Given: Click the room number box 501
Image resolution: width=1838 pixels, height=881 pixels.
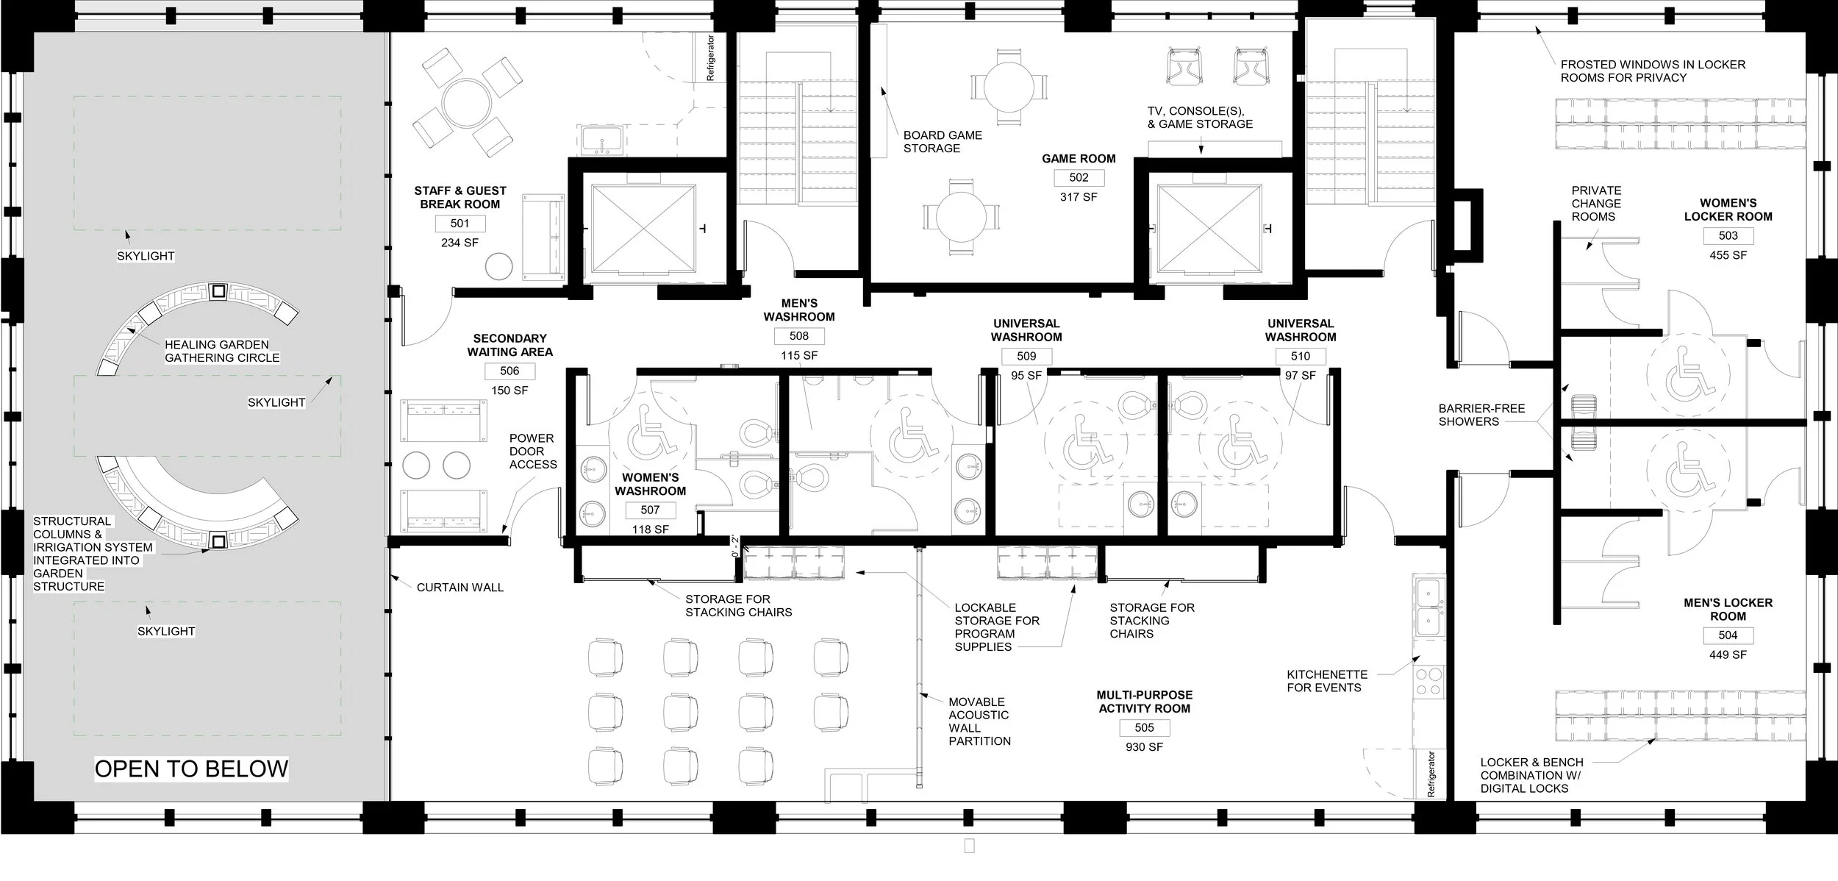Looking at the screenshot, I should point(459,224).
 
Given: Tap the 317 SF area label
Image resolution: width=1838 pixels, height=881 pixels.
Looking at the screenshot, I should point(1079,197).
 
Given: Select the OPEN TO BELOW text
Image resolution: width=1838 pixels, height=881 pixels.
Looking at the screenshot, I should point(191,768).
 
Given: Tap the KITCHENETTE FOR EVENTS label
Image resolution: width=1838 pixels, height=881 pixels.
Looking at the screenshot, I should point(1327,681).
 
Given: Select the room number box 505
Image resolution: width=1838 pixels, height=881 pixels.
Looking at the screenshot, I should point(1144,727).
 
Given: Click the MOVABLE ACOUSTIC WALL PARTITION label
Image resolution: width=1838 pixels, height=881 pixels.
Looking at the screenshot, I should point(979,721).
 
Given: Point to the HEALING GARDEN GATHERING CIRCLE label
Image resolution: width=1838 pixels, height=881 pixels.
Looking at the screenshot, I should point(221,351).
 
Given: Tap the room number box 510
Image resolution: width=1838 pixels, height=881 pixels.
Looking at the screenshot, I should point(1301,356).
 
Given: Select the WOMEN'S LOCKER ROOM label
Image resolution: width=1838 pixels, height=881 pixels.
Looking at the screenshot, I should point(1728,210).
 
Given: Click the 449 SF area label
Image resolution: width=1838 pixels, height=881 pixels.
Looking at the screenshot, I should point(1728,654).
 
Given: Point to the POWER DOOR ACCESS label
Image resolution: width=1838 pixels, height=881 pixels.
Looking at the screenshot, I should point(533,451).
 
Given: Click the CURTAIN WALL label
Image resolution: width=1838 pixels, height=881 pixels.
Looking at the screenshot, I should point(459,587).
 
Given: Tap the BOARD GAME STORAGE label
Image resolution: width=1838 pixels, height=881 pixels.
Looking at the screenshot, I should point(943,141).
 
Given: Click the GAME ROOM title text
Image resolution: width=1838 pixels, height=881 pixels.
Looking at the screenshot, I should point(1079,158).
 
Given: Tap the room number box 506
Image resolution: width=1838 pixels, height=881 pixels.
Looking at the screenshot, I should point(509,371).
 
